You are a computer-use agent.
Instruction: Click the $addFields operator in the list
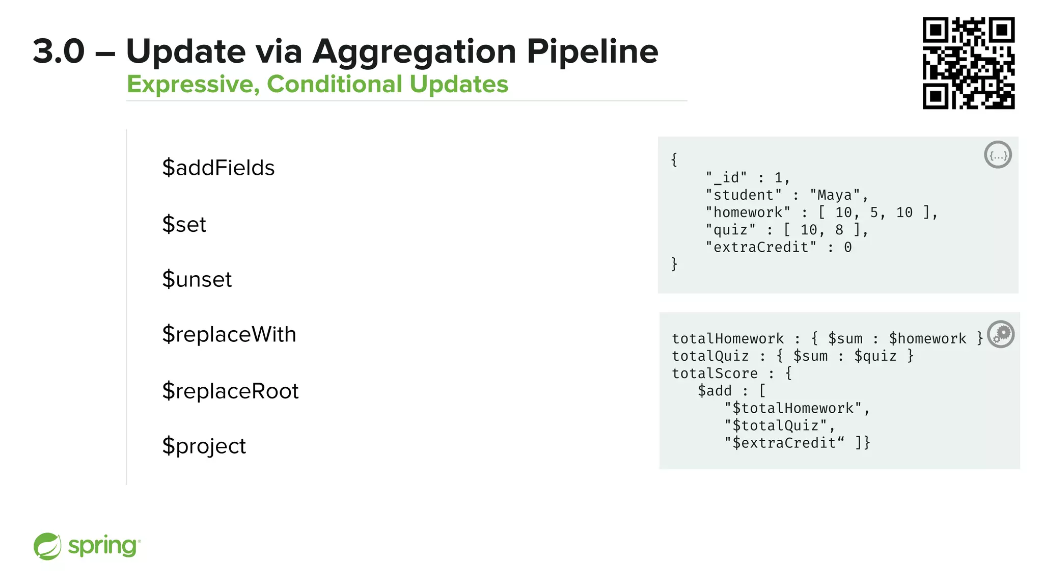[218, 168]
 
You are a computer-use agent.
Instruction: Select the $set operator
[184, 224]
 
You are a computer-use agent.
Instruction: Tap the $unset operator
[197, 279]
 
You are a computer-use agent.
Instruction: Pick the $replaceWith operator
[229, 335]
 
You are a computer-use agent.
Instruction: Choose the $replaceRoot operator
[230, 391]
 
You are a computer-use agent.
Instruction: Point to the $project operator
[204, 446]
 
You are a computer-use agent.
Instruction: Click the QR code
[968, 63]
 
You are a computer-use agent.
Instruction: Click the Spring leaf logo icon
[47, 546]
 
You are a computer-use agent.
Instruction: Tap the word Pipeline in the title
[592, 51]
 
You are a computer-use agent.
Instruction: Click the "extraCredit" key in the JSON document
[761, 248]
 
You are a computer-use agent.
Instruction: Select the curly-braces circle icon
[997, 155]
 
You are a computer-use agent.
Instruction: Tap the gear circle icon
[1001, 334]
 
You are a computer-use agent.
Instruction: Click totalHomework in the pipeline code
[727, 339]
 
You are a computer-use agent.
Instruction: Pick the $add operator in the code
[714, 391]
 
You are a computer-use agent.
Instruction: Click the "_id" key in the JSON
[726, 178]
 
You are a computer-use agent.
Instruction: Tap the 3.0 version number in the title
[59, 51]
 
